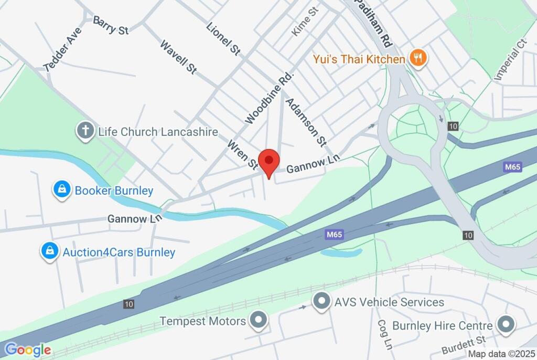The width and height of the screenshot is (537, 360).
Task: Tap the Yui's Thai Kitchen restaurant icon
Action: (x=417, y=59)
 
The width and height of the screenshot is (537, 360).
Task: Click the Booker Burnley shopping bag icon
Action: (x=62, y=190)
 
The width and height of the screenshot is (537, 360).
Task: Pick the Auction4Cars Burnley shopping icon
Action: (x=49, y=252)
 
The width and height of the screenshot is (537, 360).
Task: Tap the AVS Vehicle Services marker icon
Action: (x=320, y=302)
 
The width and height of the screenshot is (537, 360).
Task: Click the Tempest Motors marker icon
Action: (x=257, y=321)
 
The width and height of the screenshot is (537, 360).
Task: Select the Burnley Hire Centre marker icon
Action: (x=506, y=326)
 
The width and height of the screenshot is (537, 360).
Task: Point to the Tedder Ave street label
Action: (x=63, y=49)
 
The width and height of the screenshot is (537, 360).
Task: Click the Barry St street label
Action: (x=111, y=25)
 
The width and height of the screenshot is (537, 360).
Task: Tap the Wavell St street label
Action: (x=178, y=57)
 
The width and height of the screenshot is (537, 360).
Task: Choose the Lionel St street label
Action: (x=223, y=39)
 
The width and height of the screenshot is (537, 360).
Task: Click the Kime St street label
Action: (x=305, y=22)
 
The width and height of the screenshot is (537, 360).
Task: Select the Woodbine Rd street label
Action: (x=268, y=98)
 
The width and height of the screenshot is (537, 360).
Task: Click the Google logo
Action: (x=27, y=350)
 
